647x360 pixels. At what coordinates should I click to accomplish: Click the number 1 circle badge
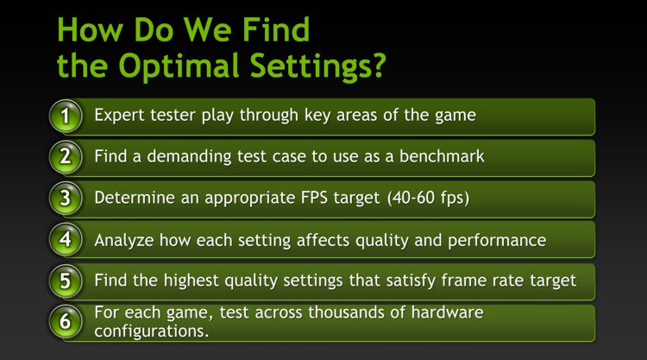pyautogui.click(x=66, y=116)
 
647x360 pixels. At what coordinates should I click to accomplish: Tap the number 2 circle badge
pyautogui.click(x=66, y=157)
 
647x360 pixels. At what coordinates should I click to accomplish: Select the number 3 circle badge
pyautogui.click(x=66, y=198)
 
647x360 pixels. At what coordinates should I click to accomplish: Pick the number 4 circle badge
pyautogui.click(x=66, y=239)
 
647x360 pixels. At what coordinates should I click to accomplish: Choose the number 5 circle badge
pyautogui.click(x=66, y=280)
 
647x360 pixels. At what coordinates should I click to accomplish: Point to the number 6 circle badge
pyautogui.click(x=66, y=321)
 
